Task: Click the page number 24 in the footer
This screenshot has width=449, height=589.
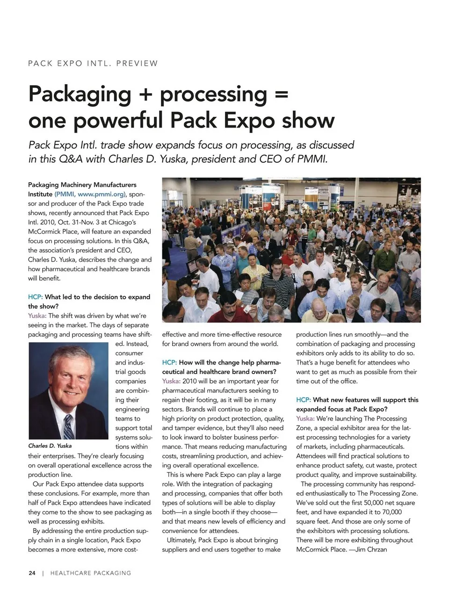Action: (32, 573)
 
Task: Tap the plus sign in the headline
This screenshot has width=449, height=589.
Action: (145, 94)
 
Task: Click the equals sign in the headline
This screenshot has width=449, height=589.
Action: (281, 94)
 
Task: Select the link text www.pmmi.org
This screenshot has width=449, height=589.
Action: (101, 194)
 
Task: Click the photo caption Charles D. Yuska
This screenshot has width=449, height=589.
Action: (50, 445)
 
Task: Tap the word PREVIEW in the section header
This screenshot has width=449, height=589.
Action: (137, 64)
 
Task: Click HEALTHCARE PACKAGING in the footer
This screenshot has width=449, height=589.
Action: (91, 573)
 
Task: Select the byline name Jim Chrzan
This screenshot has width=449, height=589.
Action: (371, 549)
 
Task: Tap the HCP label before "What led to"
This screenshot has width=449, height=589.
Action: (35, 297)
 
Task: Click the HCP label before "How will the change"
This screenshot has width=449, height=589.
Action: (169, 362)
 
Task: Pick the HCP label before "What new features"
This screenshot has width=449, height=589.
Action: (303, 400)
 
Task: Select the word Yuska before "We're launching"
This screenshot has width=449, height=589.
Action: (305, 418)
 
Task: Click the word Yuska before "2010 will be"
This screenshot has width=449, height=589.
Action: (171, 381)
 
